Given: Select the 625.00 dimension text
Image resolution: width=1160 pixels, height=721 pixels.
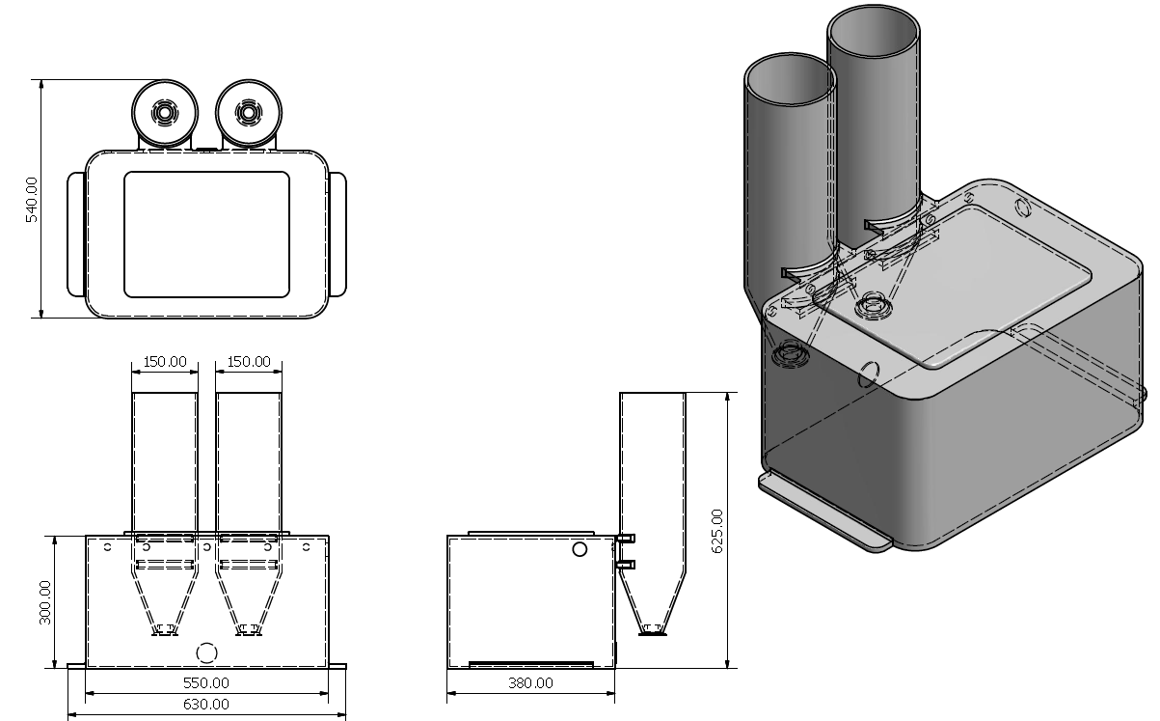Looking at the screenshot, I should [x=716, y=529].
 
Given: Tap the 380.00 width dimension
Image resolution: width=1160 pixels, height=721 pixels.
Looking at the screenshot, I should [x=530, y=682].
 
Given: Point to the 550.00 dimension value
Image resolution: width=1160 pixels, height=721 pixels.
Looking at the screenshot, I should [x=207, y=682].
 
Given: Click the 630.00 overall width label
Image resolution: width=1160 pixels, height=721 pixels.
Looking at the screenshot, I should [x=207, y=705].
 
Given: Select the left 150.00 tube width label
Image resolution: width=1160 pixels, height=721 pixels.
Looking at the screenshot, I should [x=165, y=361].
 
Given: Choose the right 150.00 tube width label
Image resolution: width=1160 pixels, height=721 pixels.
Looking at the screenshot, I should [x=250, y=361].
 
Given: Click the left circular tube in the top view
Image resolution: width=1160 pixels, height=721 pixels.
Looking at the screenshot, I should [x=165, y=114].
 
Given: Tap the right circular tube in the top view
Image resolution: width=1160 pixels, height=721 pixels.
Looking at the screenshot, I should [x=249, y=113].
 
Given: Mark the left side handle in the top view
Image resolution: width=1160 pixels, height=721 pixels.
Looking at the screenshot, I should [x=76, y=234].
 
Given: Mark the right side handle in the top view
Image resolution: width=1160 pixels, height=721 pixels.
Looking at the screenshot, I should [x=337, y=234].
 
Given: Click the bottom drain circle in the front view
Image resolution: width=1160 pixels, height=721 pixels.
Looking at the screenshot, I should [x=206, y=652].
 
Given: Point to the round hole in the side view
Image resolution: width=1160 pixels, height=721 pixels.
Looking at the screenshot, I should [x=580, y=549].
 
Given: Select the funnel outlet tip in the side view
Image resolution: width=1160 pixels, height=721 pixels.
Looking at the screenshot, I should [x=653, y=631].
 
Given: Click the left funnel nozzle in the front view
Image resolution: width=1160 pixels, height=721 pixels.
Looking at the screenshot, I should [x=165, y=631].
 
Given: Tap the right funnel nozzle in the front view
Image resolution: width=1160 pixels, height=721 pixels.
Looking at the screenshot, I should [x=250, y=631].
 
